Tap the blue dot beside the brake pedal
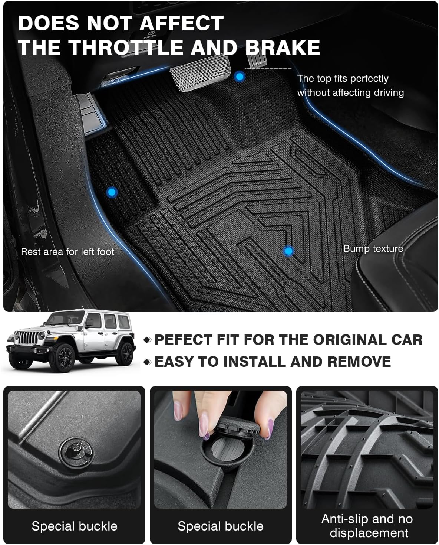click(240, 77)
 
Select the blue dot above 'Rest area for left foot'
click(112, 192)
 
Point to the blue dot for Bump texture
click(288, 251)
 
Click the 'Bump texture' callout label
click(373, 248)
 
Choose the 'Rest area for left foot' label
click(67, 252)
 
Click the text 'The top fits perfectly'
click(343, 79)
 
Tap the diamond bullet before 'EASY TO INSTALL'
click(148, 362)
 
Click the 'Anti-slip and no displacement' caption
click(367, 526)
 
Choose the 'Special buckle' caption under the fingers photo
click(220, 526)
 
